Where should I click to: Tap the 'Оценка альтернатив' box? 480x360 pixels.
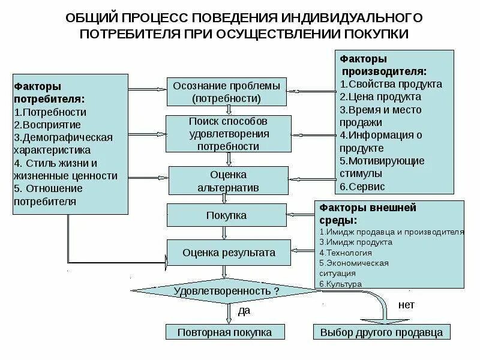pos(227,181)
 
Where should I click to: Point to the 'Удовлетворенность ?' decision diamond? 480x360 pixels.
pos(226,291)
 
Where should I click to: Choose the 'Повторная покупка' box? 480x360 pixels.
pos(224,332)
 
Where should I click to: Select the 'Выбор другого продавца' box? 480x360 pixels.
pos(382,332)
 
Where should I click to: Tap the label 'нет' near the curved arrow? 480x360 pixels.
pos(406,305)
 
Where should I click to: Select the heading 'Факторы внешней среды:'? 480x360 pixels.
pos(368,214)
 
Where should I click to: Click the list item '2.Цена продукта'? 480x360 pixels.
pos(380,97)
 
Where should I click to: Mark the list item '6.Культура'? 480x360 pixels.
pos(340,284)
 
